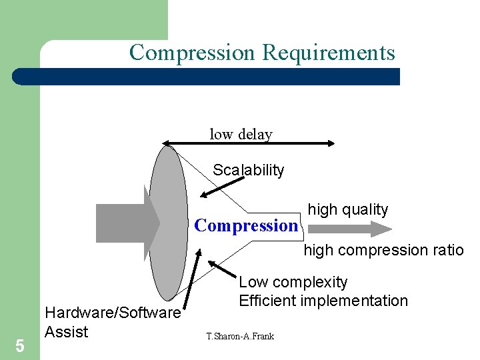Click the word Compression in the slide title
pos(193,52)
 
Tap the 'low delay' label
pos(241,134)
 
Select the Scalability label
pos(248,170)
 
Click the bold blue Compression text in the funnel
pos(246,225)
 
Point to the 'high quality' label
pos(347,209)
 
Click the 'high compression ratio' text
pos(383,251)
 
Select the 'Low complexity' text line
pos(293,282)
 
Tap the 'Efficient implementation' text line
pos(323,301)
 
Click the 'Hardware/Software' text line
pos(112,313)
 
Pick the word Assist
pos(66,331)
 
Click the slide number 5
pos(19,346)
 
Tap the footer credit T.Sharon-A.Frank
pos(240,336)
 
